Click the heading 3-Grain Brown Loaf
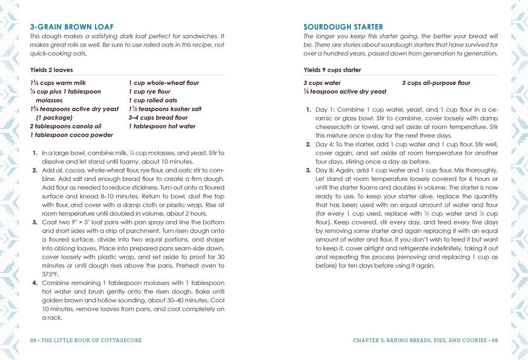72,26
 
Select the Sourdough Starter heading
343,26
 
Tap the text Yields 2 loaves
51,70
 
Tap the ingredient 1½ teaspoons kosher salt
165,109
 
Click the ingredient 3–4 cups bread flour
158,118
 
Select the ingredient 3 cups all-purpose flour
436,83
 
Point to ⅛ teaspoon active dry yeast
345,91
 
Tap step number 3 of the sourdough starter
308,170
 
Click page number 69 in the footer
495,340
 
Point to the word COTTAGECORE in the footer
120,340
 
